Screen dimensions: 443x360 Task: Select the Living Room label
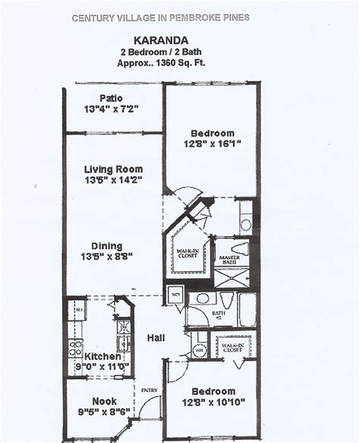113,169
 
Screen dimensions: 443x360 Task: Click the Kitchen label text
103,356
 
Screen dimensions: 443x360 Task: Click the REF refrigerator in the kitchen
77,311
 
